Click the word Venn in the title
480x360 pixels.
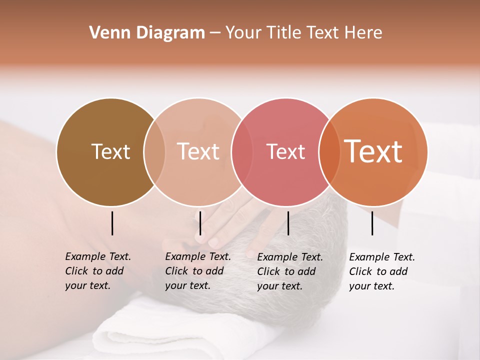(109, 33)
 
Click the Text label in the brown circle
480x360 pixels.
(110, 151)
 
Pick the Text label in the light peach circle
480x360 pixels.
(198, 151)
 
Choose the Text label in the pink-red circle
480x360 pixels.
(285, 151)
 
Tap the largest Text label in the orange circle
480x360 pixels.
(373, 151)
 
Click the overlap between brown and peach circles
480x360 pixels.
(154, 151)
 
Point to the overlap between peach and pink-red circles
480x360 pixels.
(241, 151)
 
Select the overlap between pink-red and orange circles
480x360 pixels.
(328, 151)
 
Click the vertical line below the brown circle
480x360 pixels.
(112, 223)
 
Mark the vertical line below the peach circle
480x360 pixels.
(200, 223)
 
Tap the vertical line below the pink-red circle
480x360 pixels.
(288, 223)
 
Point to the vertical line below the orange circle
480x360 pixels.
(372, 223)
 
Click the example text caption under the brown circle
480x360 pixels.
(97, 271)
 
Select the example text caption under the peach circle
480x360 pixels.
(197, 271)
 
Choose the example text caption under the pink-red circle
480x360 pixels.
(289, 271)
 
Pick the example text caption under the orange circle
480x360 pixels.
(381, 271)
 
